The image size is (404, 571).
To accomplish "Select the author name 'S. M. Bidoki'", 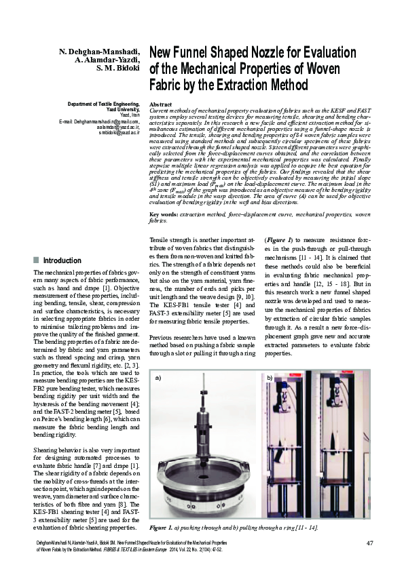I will click(x=118, y=68).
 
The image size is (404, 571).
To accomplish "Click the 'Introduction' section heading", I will click(x=62, y=260).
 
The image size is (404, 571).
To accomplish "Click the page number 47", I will click(x=369, y=543).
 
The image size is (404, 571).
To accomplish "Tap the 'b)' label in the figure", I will click(x=270, y=377).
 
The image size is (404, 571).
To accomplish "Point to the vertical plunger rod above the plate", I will click(x=204, y=407).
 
